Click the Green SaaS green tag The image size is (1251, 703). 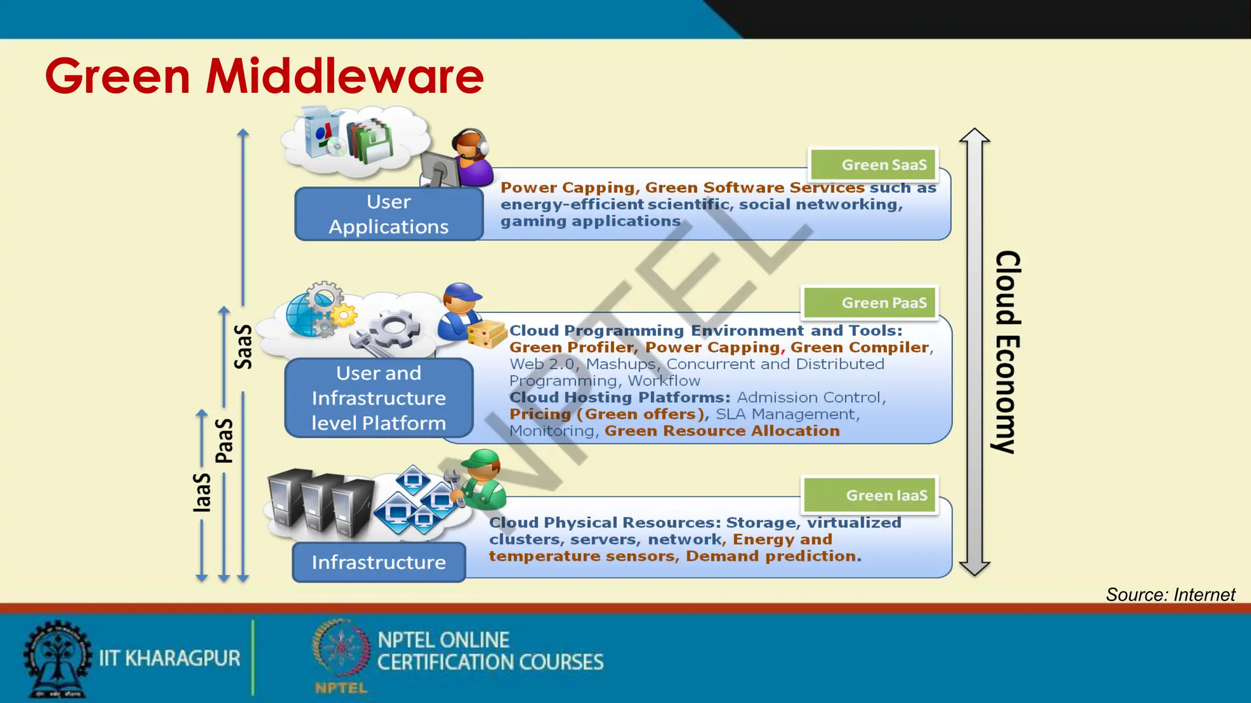pos(874,164)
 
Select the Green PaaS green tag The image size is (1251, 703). pos(870,303)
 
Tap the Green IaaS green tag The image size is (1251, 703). pos(870,495)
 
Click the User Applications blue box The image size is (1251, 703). pos(388,214)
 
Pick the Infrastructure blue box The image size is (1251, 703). pos(379,562)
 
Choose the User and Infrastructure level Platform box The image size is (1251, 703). pos(379,398)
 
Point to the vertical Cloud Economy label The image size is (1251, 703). pos(1007,351)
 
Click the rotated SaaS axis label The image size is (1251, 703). pos(243,347)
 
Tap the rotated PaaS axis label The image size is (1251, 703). pos(224,441)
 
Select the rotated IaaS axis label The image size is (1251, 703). pos(202,492)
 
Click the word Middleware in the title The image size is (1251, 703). pos(345,76)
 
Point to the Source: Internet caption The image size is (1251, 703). pos(1170,594)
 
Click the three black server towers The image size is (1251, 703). pos(321,502)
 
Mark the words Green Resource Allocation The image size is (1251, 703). pos(722,431)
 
